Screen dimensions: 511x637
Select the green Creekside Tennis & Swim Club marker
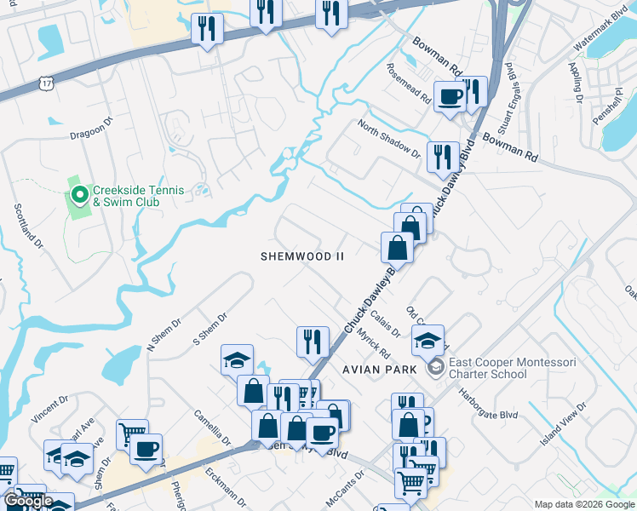pos(79,196)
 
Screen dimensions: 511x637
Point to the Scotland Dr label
pos(28,227)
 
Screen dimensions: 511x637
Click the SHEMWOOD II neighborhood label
pos(302,256)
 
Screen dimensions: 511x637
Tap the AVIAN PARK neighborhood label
pos(380,369)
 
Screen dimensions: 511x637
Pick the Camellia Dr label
pos(212,427)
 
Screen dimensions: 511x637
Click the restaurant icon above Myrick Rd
pos(313,341)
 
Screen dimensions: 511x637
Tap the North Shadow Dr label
pos(389,139)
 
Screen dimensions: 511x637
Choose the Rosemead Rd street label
pos(409,83)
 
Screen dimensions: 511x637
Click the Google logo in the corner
pos(29,501)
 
